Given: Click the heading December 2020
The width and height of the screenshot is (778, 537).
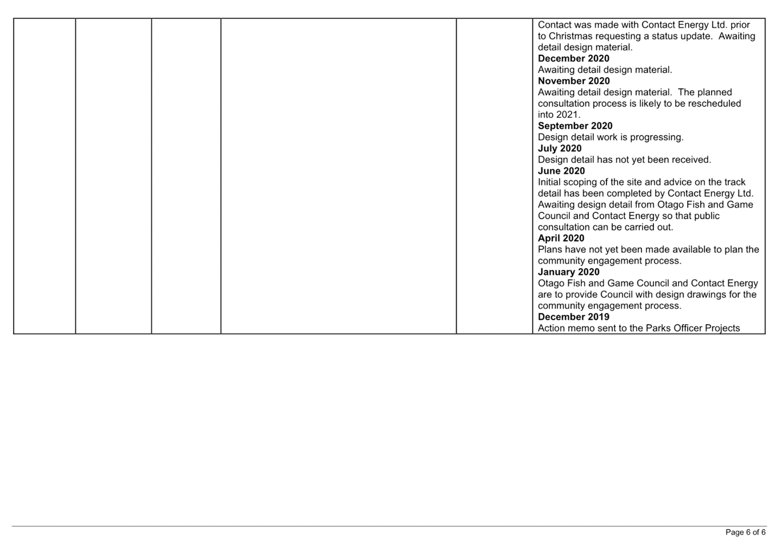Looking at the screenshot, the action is tap(573, 58).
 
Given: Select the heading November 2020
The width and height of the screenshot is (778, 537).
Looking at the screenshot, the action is tap(574, 81).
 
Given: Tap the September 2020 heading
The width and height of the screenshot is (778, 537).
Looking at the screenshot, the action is tap(575, 126).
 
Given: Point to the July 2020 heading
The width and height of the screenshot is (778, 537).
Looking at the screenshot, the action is tap(560, 149).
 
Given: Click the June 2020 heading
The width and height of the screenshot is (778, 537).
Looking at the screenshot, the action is tap(561, 171).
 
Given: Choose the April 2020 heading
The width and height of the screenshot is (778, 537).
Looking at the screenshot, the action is tap(561, 238).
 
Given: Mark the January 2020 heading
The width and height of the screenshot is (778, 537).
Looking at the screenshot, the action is tap(569, 272).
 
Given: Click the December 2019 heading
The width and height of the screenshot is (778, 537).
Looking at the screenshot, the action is tap(573, 317).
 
